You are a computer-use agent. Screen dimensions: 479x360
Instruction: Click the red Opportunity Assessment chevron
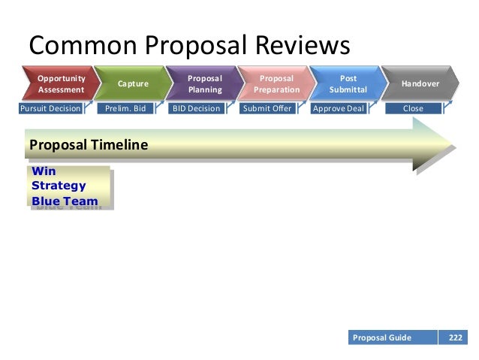62,84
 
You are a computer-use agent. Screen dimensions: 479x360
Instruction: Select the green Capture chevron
133,84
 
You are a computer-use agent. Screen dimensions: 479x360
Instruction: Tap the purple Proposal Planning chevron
204,84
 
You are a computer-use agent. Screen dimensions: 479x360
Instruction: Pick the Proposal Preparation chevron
276,84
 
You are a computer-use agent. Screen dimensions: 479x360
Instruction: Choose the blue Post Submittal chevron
348,84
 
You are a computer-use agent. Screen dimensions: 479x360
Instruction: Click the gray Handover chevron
420,84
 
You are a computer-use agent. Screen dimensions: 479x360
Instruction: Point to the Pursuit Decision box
50,108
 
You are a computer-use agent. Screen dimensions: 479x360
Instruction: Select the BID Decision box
196,108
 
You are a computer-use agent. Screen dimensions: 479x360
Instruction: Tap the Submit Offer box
267,108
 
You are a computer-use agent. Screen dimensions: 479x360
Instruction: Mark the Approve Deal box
338,108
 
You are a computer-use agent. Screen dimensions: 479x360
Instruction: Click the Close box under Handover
413,108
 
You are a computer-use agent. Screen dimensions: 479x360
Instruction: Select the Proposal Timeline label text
88,144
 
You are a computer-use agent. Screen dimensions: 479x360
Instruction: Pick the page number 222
455,337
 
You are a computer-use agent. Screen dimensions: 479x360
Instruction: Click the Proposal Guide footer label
382,337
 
